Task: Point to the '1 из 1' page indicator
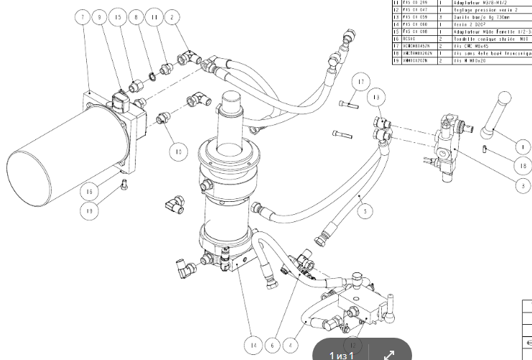342,355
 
